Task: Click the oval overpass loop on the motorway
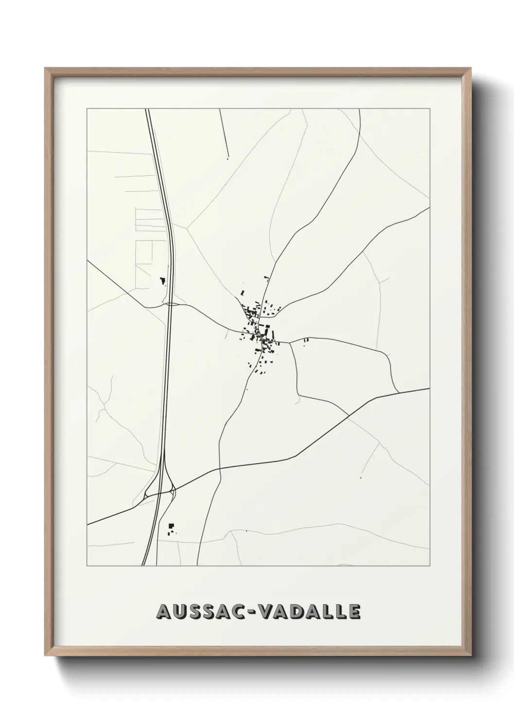(x=172, y=305)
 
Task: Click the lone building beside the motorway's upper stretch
(x=162, y=280)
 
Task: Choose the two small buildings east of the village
(x=306, y=341)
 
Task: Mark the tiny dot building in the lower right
(x=361, y=478)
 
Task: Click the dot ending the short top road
(x=227, y=158)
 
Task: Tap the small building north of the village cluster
(x=266, y=278)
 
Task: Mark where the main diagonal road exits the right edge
(x=429, y=389)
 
